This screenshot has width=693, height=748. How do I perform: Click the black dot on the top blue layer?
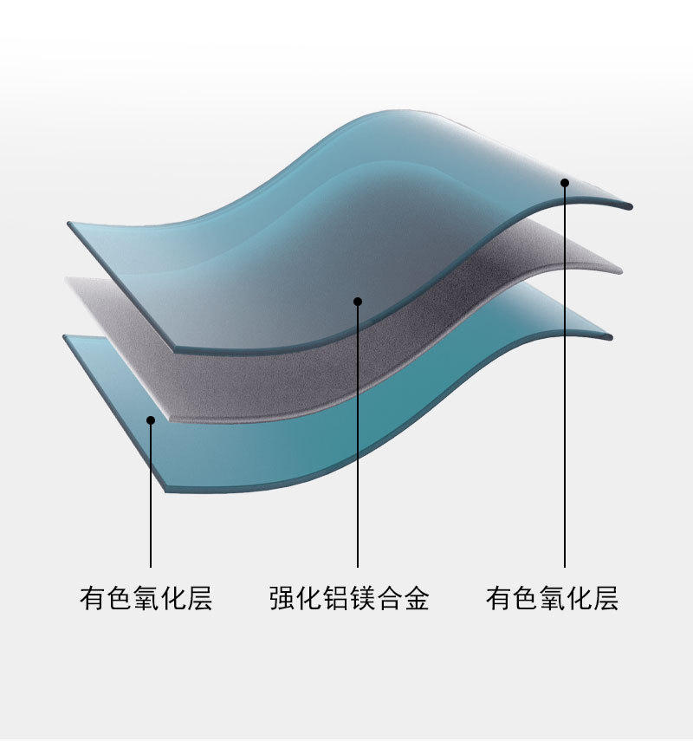pyautogui.click(x=564, y=182)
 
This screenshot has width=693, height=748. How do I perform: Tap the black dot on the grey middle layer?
pyautogui.click(x=358, y=302)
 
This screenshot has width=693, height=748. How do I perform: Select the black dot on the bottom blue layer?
pyautogui.click(x=151, y=420)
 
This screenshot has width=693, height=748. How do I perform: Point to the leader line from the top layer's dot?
pyautogui.click(x=564, y=390)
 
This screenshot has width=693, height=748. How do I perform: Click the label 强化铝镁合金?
pyautogui.click(x=349, y=599)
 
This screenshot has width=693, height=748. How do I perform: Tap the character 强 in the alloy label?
pyautogui.click(x=282, y=599)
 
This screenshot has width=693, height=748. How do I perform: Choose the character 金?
pyautogui.click(x=416, y=599)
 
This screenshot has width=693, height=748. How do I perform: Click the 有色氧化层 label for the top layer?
pyautogui.click(x=553, y=599)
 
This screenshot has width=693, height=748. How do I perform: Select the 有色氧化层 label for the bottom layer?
pyautogui.click(x=146, y=599)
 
